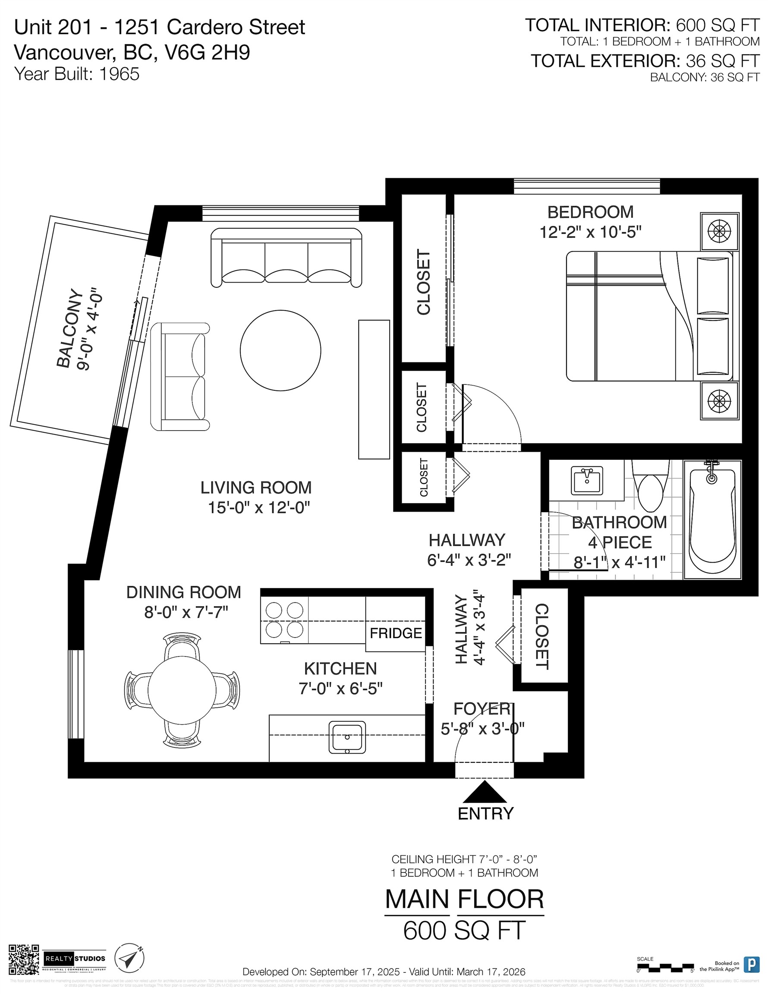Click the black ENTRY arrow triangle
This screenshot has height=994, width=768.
click(485, 793)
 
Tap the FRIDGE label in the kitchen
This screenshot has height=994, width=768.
click(396, 633)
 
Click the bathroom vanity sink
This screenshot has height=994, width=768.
click(587, 481)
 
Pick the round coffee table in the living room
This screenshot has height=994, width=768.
click(280, 350)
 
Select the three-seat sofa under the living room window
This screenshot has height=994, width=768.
click(286, 258)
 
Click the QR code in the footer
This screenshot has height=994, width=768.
click(24, 959)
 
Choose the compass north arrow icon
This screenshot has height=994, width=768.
click(129, 959)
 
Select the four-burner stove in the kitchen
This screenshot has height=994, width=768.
click(284, 620)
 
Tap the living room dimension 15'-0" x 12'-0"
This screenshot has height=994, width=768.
click(258, 507)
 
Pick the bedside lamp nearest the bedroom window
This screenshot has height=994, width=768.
click(719, 231)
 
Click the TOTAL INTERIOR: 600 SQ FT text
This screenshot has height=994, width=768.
click(642, 25)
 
